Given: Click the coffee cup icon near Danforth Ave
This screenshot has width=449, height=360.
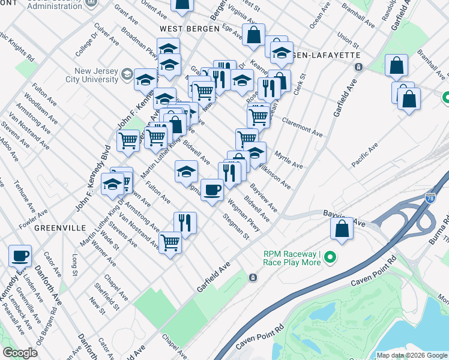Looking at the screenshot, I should (x=20, y=256).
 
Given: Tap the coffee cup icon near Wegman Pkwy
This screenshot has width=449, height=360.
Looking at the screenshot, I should (x=212, y=190).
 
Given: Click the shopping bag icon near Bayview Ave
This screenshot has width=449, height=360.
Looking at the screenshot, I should (x=342, y=229).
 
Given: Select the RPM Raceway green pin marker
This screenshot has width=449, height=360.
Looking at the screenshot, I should (x=330, y=259).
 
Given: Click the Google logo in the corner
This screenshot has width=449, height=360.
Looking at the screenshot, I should (x=20, y=352).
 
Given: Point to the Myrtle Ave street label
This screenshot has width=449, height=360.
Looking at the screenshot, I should (x=289, y=160).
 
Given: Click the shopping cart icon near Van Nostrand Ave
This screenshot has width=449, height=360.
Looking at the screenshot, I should (x=170, y=243).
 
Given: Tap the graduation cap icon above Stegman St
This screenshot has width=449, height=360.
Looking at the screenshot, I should (x=187, y=172).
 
